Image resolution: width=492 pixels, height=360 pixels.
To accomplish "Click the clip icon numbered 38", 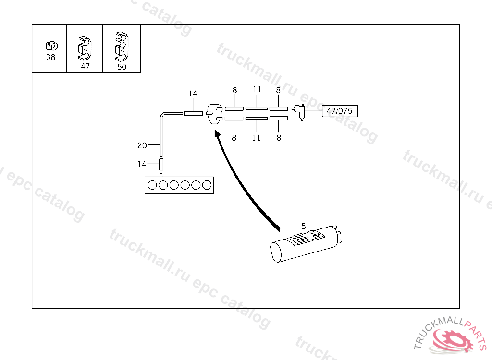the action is (x=51, y=46).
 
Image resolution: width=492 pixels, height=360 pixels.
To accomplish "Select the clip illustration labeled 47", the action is (x=85, y=48).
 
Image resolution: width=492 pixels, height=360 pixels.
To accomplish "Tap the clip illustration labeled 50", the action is (x=121, y=46).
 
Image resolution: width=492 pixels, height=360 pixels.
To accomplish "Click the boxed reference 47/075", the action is (x=339, y=111).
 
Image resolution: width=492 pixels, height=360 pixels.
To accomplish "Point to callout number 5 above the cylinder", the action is (x=303, y=226).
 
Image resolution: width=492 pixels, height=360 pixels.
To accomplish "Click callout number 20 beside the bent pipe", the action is (x=142, y=145).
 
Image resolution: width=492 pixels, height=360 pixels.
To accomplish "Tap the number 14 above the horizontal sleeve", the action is (x=193, y=93).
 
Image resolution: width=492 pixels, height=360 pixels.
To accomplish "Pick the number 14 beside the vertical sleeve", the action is (x=142, y=164).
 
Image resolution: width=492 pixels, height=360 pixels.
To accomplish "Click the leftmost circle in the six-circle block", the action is (x=152, y=185).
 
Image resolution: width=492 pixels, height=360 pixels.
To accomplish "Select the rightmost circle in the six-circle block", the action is (x=207, y=185).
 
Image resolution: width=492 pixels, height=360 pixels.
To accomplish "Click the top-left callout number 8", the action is (x=234, y=90).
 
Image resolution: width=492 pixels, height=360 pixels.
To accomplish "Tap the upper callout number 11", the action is (x=257, y=90).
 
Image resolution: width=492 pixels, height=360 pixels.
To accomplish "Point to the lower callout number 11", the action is (x=257, y=138).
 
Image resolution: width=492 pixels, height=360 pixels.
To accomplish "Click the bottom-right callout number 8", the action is (x=279, y=138).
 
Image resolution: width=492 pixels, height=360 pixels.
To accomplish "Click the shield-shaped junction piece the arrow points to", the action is (x=214, y=115).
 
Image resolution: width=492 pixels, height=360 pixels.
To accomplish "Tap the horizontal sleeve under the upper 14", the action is (x=193, y=113).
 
